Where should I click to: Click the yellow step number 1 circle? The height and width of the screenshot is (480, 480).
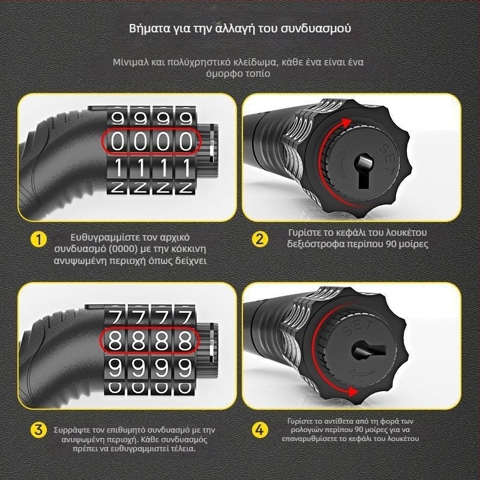tap(39, 239)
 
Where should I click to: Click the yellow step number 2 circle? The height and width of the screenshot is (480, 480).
tap(260, 239)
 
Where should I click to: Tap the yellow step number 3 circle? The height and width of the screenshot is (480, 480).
tap(39, 430)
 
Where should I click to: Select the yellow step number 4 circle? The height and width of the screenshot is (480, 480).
tap(260, 430)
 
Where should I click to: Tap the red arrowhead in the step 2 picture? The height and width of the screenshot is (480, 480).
tap(346, 123)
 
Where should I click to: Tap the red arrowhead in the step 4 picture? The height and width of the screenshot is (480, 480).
tap(353, 392)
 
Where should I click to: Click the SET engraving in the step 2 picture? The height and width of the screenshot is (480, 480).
tap(388, 160)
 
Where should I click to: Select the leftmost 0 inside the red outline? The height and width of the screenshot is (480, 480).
tap(117, 142)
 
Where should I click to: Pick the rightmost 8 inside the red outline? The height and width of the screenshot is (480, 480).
tap(185, 340)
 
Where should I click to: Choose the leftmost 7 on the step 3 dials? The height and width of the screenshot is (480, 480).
tap(116, 317)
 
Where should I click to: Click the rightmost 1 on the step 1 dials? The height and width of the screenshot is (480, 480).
tap(186, 168)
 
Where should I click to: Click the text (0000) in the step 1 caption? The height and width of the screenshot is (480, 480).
tap(123, 249)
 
